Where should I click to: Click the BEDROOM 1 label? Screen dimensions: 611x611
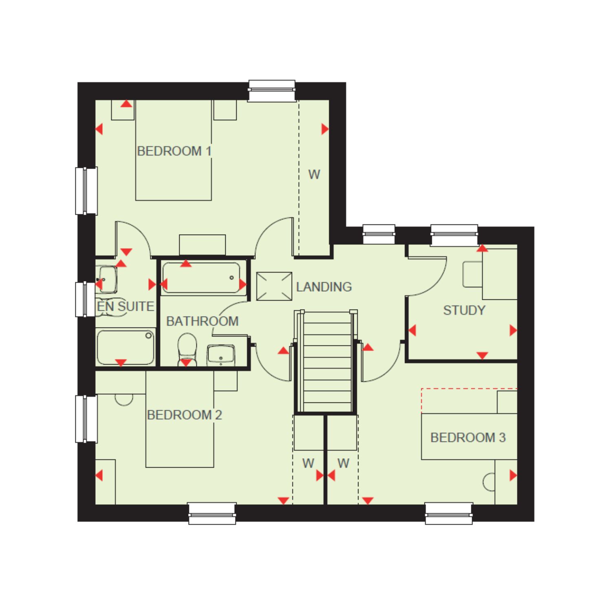tap(174, 151)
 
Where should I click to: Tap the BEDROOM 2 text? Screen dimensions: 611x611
tap(185, 415)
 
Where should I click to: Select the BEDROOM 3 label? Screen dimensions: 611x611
tap(468, 437)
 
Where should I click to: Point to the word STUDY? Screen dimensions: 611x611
tap(464, 310)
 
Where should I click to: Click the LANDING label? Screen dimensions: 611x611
tap(324, 287)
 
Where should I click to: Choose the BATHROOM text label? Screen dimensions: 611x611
tap(202, 321)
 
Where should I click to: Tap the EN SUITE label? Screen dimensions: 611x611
tap(125, 306)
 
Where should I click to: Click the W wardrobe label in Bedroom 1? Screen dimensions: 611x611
tap(314, 174)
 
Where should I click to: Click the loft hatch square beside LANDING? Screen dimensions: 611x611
tap(274, 286)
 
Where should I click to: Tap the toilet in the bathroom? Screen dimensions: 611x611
tap(187, 349)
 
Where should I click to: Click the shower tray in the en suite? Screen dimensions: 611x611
tap(125, 347)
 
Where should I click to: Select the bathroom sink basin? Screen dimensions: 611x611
tap(221, 355)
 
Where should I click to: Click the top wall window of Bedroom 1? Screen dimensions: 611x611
tap(272, 90)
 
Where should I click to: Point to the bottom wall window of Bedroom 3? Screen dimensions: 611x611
tap(449, 513)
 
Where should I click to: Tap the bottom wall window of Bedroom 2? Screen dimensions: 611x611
tap(212, 513)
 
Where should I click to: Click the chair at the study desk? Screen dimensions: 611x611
tap(473, 274)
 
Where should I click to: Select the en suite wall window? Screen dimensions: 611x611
tap(86, 299)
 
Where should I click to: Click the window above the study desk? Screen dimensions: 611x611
tap(454, 235)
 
